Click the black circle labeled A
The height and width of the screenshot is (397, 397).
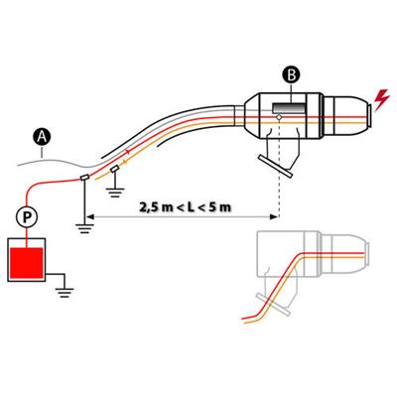pos(42,137)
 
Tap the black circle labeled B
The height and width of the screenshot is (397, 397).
pos(292,75)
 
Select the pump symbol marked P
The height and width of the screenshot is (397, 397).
pos(27,216)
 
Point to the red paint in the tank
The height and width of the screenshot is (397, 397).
pos(27,263)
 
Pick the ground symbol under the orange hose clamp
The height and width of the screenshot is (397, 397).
pos(115,193)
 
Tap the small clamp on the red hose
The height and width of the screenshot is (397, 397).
pos(84,178)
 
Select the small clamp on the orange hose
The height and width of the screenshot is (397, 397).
pos(115,169)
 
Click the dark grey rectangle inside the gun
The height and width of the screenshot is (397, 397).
pos(289,108)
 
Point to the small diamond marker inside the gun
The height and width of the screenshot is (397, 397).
pos(280,117)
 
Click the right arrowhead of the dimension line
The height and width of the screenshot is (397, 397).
pos(274,217)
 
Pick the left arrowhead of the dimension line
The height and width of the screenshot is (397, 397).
pos(90,217)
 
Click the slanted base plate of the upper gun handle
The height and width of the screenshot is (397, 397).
pos(276,166)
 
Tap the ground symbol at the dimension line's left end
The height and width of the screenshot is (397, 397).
pos(85,228)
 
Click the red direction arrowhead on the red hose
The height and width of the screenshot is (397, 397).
pos(128,152)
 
